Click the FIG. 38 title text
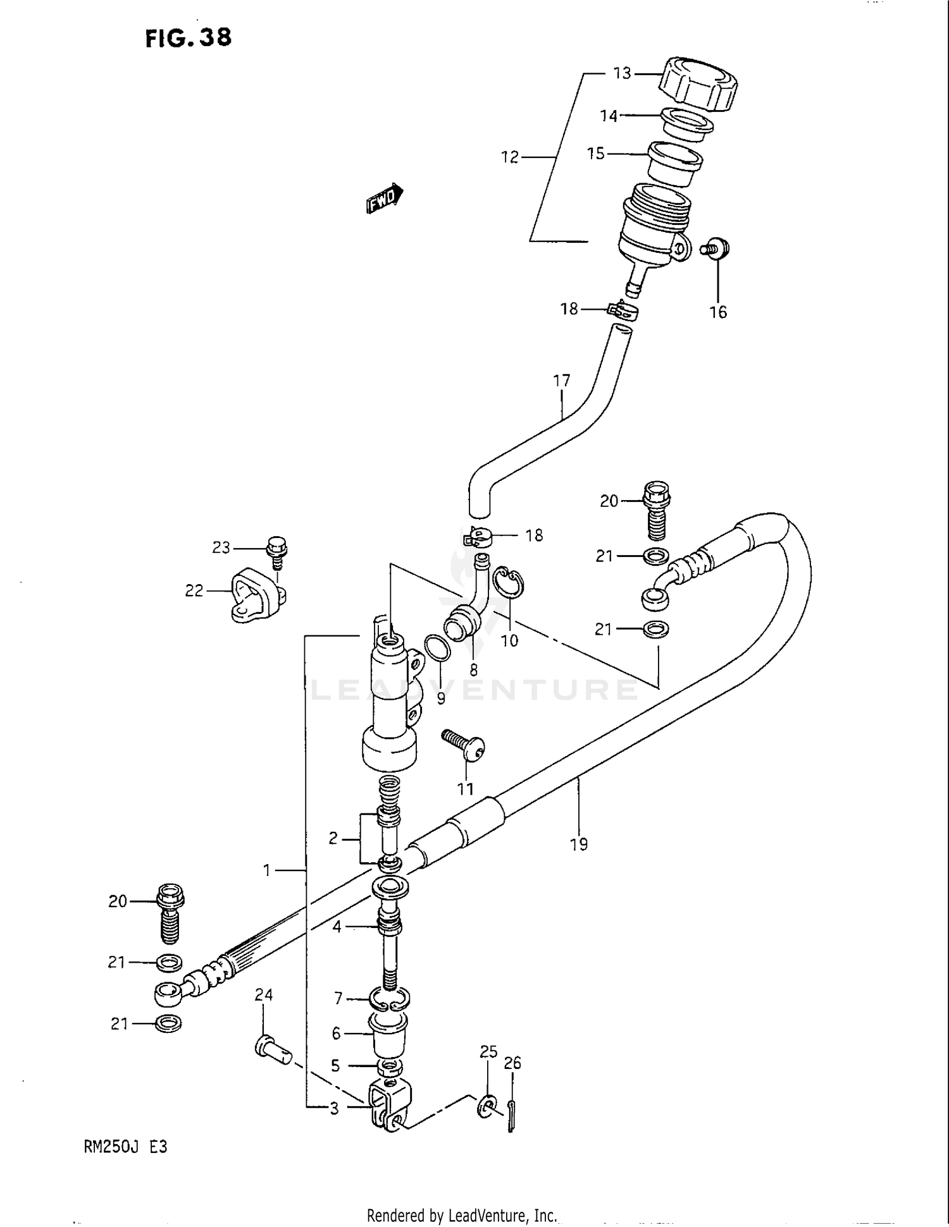click(189, 38)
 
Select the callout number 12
click(510, 157)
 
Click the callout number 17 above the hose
click(561, 381)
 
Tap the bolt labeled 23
click(277, 552)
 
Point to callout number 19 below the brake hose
click(578, 844)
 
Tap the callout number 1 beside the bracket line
click(267, 870)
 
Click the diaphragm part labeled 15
click(675, 164)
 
